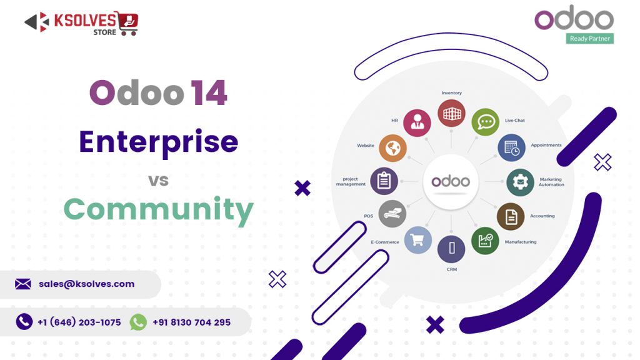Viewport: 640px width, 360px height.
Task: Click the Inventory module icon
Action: point(451,114)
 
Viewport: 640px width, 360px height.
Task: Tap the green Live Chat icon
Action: point(485,122)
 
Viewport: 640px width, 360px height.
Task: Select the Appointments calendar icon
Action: point(511,148)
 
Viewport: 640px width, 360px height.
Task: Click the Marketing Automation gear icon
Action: point(520,182)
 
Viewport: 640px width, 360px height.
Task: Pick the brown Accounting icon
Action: point(511,217)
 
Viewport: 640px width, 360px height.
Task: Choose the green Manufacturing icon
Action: point(485,241)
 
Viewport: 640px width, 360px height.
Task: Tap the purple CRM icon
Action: point(451,249)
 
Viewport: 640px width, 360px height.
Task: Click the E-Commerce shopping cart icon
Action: point(417,240)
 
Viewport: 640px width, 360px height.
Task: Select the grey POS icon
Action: point(392,214)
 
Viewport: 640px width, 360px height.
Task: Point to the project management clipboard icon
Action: point(384,181)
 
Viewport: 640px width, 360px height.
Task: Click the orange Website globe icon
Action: point(392,148)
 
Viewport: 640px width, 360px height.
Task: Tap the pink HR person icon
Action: point(417,122)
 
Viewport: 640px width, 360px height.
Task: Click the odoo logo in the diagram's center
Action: point(451,182)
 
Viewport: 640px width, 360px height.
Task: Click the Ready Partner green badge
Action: point(590,39)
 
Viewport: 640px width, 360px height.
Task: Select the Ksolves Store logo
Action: point(82,23)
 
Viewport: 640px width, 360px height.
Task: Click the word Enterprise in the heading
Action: point(158,142)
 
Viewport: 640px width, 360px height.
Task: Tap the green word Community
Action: point(158,209)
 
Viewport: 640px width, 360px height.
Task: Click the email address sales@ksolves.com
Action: point(86,284)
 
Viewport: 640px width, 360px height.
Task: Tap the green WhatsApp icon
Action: point(138,322)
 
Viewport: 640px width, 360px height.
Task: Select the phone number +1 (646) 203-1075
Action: point(79,322)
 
